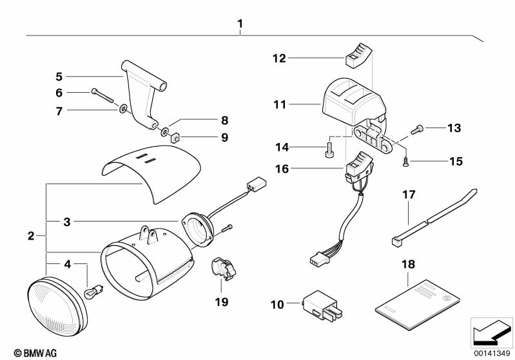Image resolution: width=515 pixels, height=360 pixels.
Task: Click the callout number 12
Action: [x=278, y=58]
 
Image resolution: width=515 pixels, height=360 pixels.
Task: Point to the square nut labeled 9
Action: [x=174, y=137]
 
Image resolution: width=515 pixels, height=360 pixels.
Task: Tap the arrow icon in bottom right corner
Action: [x=491, y=332]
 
